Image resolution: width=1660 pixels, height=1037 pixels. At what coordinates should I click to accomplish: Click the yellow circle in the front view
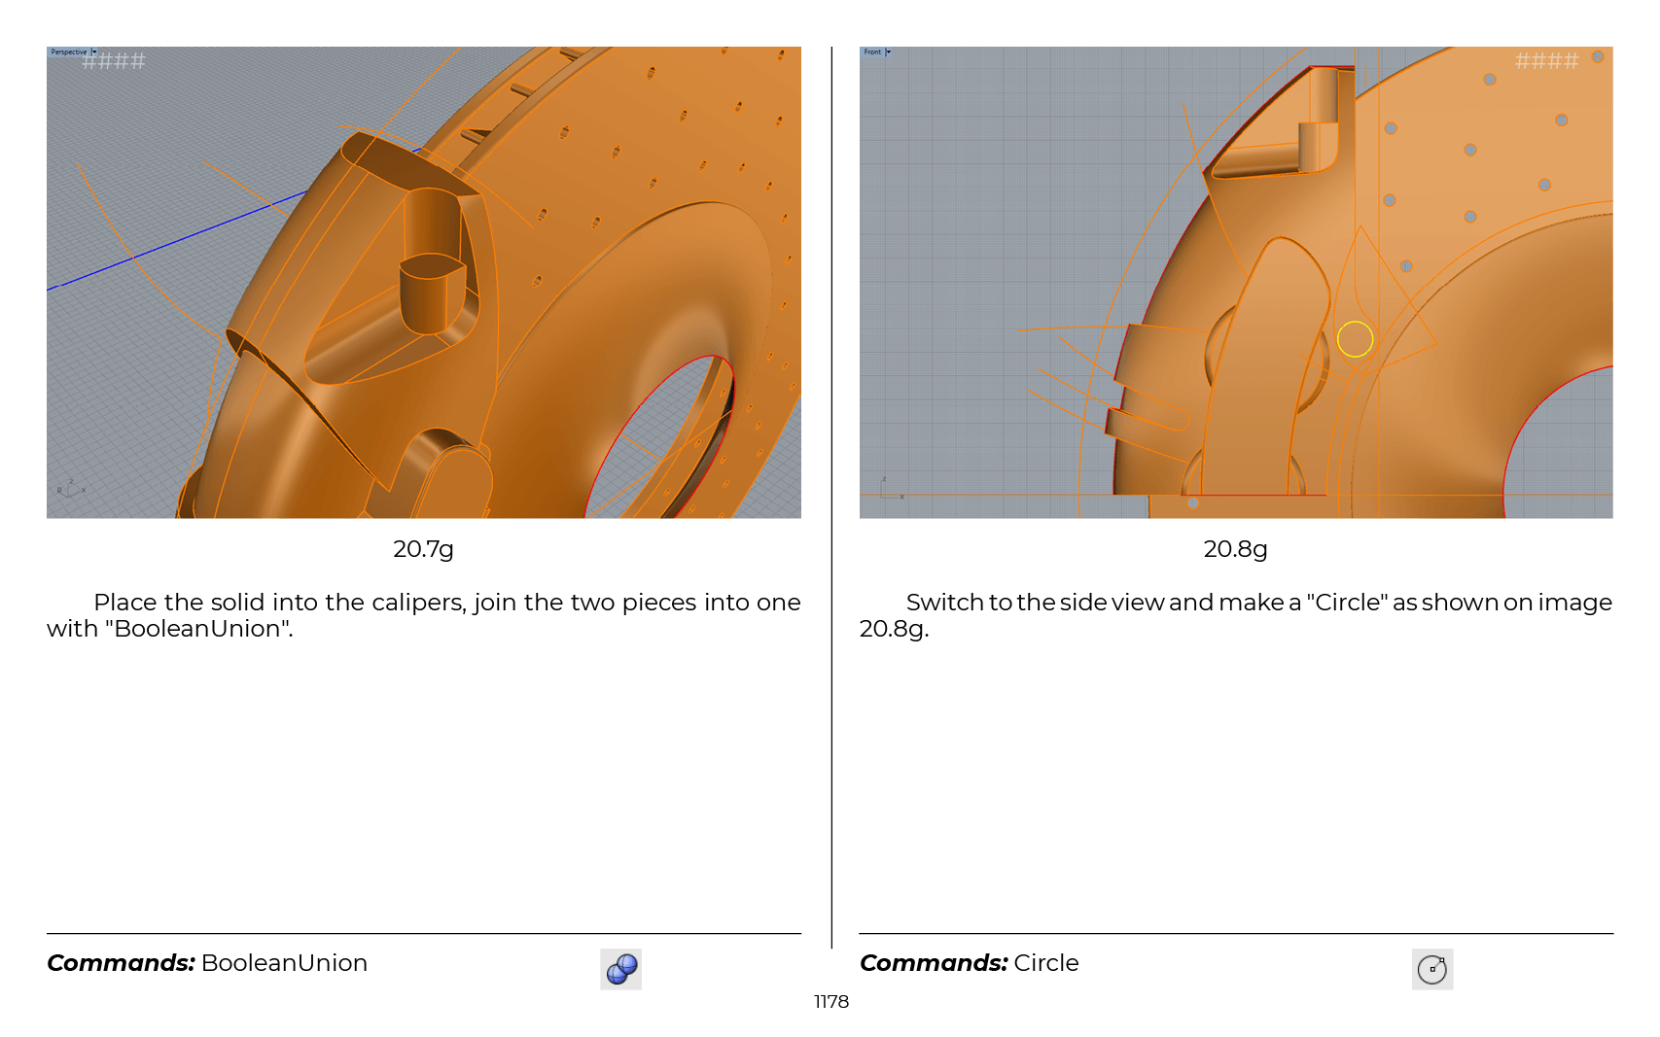(x=1355, y=323)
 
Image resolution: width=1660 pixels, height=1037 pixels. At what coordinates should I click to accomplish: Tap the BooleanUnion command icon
(x=621, y=969)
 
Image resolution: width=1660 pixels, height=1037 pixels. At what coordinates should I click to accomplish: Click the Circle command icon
(x=1431, y=969)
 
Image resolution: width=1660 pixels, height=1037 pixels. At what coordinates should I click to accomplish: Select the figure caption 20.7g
(x=423, y=549)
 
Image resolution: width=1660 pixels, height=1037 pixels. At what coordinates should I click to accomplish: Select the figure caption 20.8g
(x=1235, y=549)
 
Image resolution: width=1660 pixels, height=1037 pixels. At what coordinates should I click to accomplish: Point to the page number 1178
(x=830, y=1001)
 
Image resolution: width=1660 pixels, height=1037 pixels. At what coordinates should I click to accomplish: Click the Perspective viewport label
(x=69, y=52)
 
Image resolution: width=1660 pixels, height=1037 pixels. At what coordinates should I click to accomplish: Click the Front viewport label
(x=872, y=52)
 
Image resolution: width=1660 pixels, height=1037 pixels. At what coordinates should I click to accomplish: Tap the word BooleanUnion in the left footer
(x=284, y=963)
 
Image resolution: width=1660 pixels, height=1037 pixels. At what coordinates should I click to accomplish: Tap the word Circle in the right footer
(x=1045, y=963)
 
